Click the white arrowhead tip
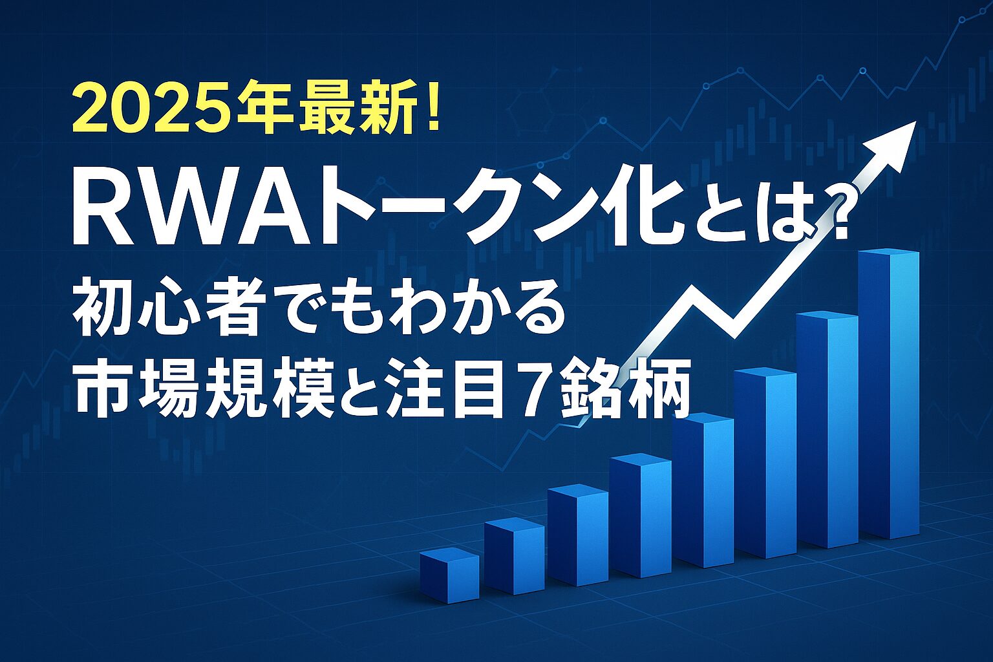click(916, 122)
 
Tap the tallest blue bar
click(888, 394)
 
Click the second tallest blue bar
click(827, 429)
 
